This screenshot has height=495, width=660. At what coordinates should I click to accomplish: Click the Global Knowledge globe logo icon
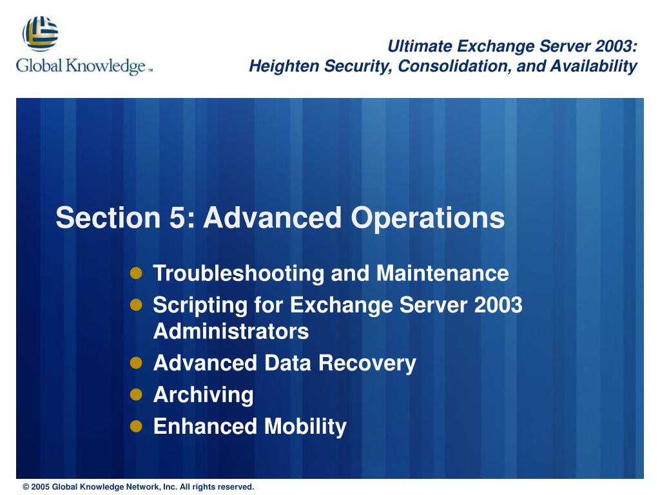tap(41, 34)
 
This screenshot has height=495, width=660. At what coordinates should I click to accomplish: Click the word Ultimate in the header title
tap(420, 46)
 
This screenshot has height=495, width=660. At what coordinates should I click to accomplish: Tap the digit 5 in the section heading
tap(177, 218)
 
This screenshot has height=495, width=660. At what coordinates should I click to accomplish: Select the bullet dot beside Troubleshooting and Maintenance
tap(136, 273)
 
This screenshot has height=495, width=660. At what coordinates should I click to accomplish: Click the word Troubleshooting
tap(238, 273)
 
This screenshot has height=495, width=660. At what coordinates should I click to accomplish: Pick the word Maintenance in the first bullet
tap(442, 273)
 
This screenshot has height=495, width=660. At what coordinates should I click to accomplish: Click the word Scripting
tap(200, 305)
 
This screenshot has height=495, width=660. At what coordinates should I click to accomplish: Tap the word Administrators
tap(231, 331)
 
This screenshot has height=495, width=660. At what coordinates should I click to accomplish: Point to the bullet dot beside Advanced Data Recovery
tap(136, 363)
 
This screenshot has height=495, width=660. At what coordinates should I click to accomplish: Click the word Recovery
tap(367, 364)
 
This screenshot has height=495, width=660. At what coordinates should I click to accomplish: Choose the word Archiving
tap(203, 395)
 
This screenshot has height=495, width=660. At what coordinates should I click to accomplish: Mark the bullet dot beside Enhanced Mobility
tap(136, 427)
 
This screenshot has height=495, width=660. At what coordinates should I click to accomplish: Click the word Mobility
tap(305, 427)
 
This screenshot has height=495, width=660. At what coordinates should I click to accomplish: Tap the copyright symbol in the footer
tap(26, 487)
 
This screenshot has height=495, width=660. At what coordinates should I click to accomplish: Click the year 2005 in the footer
tap(41, 487)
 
